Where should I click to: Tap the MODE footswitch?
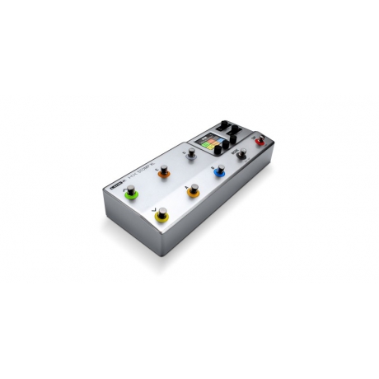241,152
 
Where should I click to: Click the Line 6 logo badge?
115,186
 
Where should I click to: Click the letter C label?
158,164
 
